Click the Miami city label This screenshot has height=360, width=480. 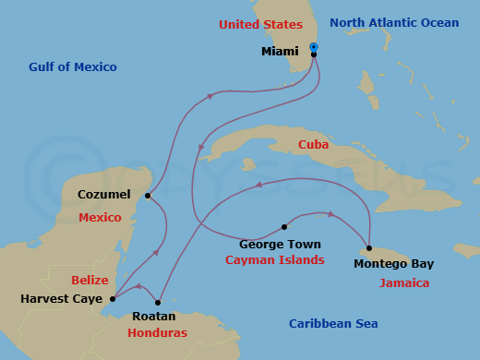pyautogui.click(x=280, y=52)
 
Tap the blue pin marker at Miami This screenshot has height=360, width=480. pyautogui.click(x=314, y=47)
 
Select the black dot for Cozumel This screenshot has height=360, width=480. pyautogui.click(x=148, y=195)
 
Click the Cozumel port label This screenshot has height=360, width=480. pyautogui.click(x=98, y=196)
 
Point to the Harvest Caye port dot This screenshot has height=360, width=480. pyautogui.click(x=113, y=298)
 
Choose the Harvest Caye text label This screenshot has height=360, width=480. pyautogui.click(x=59, y=299)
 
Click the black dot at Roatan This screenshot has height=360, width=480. pyautogui.click(x=159, y=302)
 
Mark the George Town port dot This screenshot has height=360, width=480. pyautogui.click(x=284, y=227)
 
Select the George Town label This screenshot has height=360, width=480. pyautogui.click(x=280, y=245)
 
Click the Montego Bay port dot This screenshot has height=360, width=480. pyautogui.click(x=369, y=247)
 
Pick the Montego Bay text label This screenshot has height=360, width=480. pyautogui.click(x=393, y=264)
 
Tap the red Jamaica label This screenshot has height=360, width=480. pyautogui.click(x=403, y=283)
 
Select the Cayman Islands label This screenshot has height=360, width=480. pyautogui.click(x=275, y=260)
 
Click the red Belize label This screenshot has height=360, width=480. pyautogui.click(x=90, y=279)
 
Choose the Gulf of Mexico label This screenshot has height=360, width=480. pyautogui.click(x=72, y=66)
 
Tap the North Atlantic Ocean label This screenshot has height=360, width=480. pyautogui.click(x=394, y=22)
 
